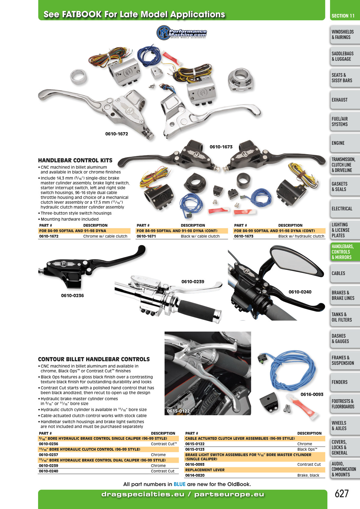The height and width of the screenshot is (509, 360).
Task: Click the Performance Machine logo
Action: pyautogui.click(x=182, y=33)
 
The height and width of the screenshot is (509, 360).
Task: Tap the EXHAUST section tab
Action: pyautogui.click(x=345, y=100)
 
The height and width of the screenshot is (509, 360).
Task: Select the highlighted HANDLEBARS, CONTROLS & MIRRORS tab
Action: pyautogui.click(x=345, y=252)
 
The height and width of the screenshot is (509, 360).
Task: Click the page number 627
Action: pyautogui.click(x=342, y=494)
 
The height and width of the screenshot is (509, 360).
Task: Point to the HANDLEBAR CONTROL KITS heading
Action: pyautogui.click(x=75, y=160)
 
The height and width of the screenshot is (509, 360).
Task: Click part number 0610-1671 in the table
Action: pyautogui.click(x=146, y=236)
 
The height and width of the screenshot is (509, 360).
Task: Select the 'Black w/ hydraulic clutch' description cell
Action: pyautogui.click(x=301, y=236)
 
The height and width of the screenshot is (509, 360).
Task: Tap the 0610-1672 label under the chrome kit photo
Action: pyautogui.click(x=117, y=134)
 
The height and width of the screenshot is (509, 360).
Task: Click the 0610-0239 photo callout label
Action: pyautogui.click(x=193, y=281)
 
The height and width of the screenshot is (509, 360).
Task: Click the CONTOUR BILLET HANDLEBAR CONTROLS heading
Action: pyautogui.click(x=94, y=359)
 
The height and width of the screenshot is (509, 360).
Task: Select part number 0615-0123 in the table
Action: pyautogui.click(x=195, y=449)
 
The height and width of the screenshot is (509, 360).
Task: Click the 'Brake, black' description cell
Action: pyautogui.click(x=308, y=475)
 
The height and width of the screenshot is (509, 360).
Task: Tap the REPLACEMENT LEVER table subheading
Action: pyautogui.click(x=205, y=470)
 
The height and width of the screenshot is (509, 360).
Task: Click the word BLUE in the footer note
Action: pyautogui.click(x=180, y=484)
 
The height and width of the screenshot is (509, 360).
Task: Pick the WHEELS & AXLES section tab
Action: pyautogui.click(x=345, y=426)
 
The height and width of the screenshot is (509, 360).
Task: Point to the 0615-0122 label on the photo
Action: pyautogui.click(x=178, y=411)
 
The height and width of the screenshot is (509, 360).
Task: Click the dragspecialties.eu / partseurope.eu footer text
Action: pyautogui.click(x=183, y=494)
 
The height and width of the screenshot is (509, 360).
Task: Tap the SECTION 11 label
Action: pyautogui.click(x=343, y=16)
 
